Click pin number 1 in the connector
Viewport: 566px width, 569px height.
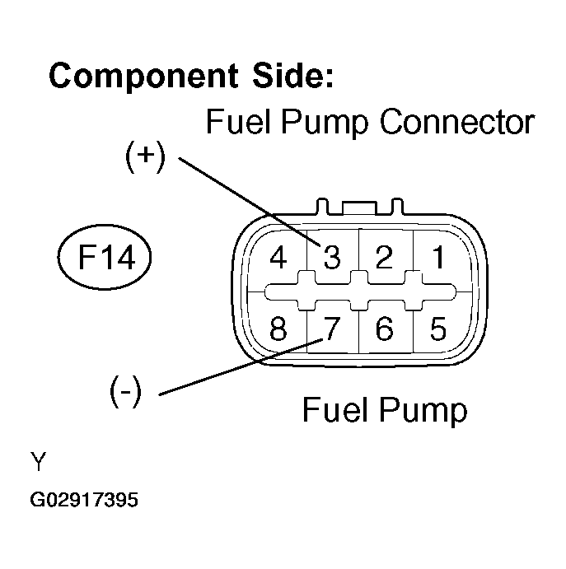(x=439, y=257)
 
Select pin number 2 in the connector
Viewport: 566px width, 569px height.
(x=384, y=257)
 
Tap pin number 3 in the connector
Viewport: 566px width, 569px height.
(x=332, y=257)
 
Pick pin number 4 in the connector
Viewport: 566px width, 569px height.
(x=278, y=257)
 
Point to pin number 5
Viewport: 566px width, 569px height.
(x=438, y=329)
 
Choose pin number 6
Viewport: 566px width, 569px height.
(x=385, y=329)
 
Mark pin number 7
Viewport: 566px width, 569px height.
(x=331, y=329)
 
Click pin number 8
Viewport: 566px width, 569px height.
(x=278, y=329)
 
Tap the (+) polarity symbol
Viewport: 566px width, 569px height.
(x=145, y=156)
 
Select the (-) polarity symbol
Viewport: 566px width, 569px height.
(x=125, y=391)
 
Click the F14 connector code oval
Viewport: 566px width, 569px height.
(x=105, y=257)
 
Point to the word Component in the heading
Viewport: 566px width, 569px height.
(x=144, y=77)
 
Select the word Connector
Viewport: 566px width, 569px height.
(x=457, y=122)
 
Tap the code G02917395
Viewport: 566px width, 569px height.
(x=84, y=500)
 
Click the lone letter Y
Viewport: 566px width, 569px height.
(x=38, y=461)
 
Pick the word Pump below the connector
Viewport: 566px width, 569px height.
(x=423, y=411)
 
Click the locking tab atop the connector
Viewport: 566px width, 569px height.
(x=360, y=208)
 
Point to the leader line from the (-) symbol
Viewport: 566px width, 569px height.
(x=241, y=367)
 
